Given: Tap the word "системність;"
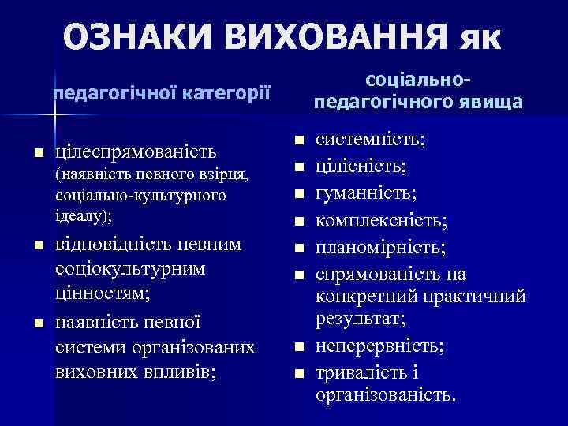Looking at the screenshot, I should [x=371, y=140].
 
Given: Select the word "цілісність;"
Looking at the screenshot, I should [x=362, y=166].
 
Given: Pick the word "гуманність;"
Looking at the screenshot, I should [x=366, y=193].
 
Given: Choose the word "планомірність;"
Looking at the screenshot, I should [x=380, y=248].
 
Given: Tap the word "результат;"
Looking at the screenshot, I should [x=361, y=319].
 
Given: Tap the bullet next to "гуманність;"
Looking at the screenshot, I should [x=298, y=194].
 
